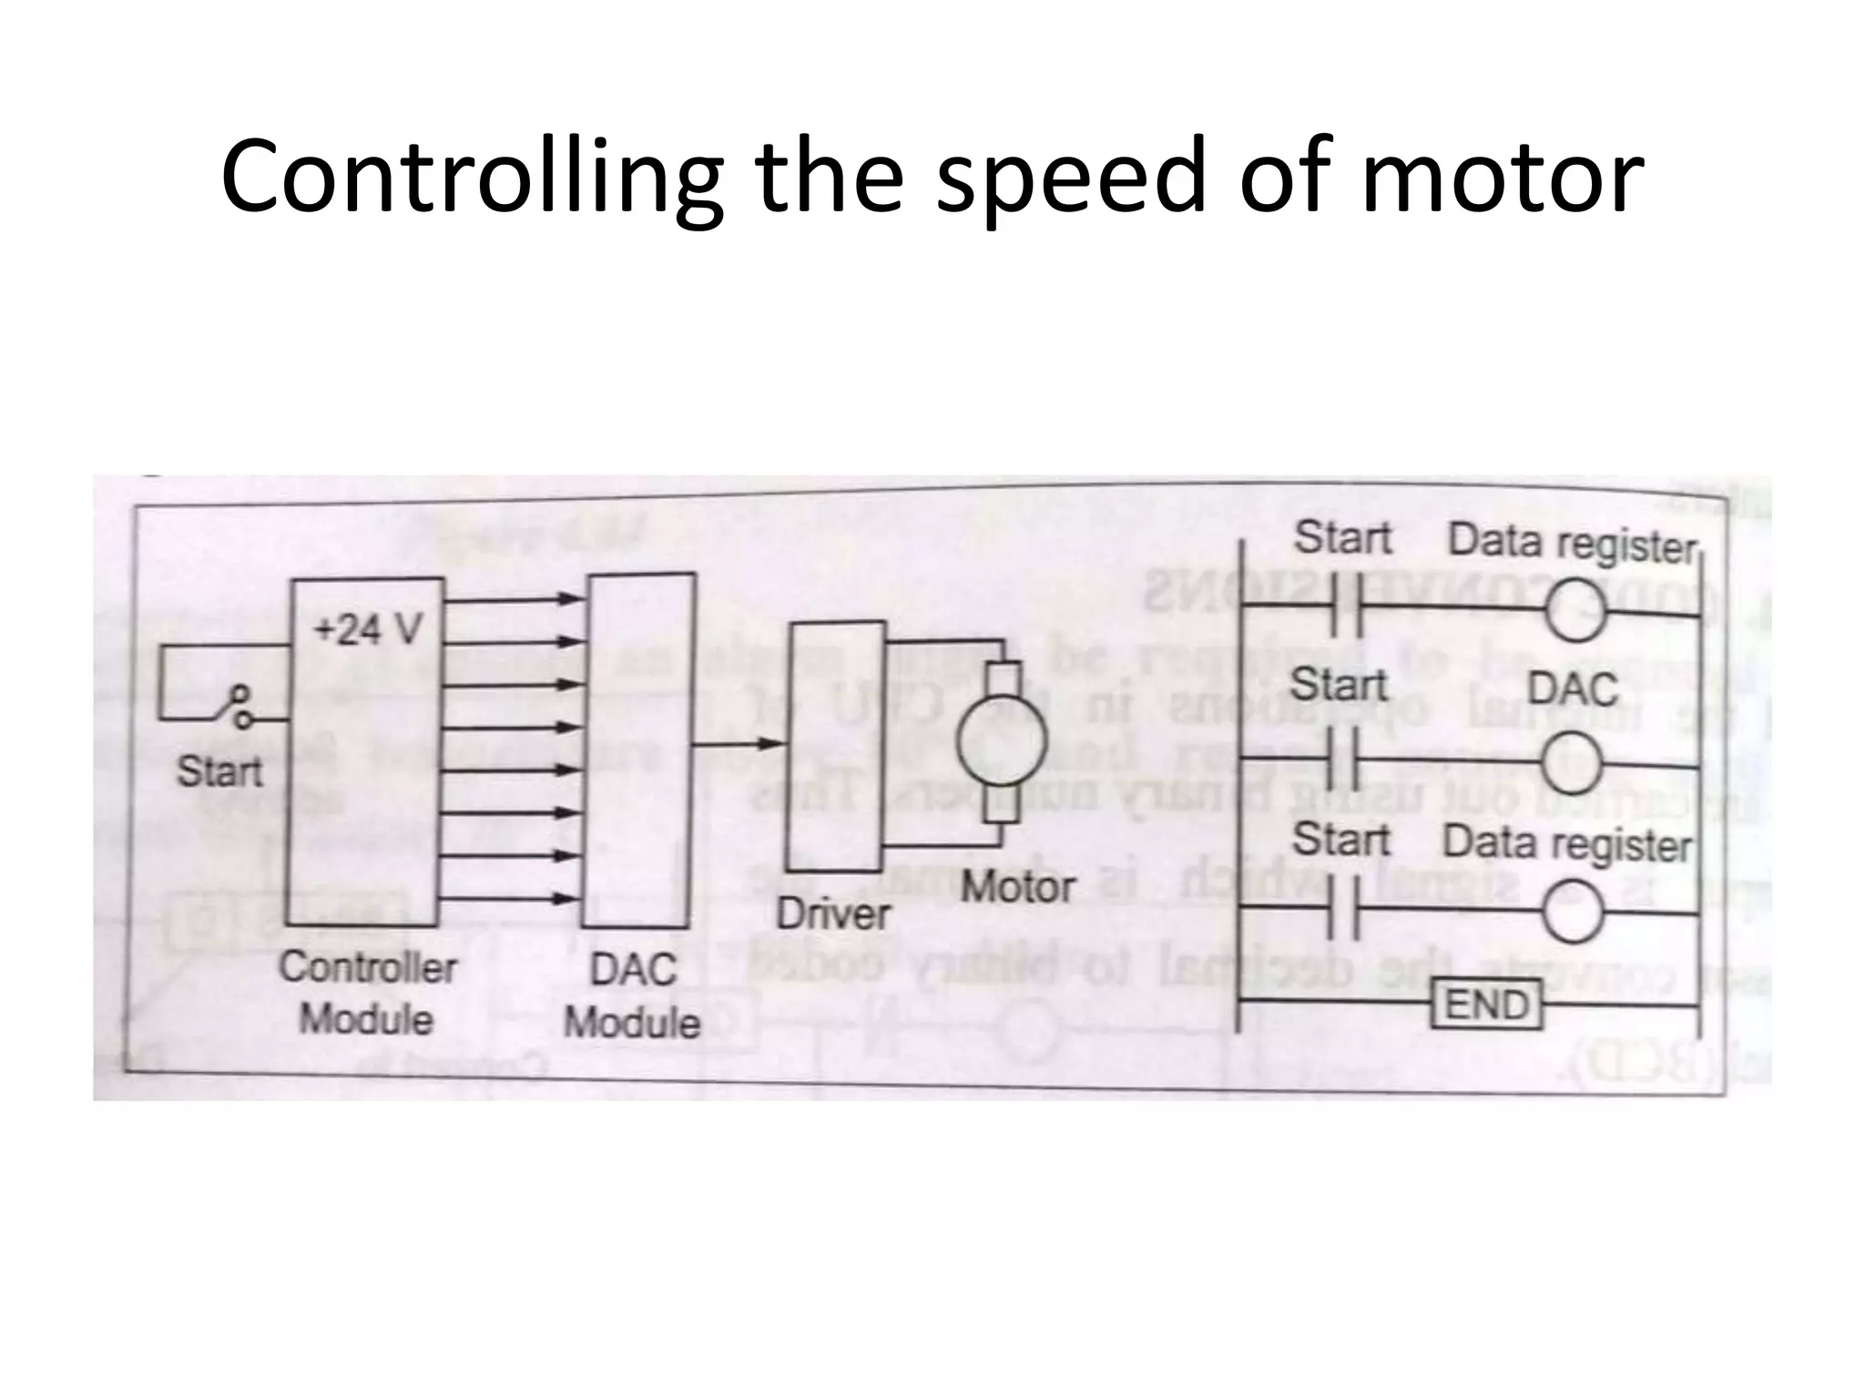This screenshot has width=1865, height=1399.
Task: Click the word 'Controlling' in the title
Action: tap(472, 178)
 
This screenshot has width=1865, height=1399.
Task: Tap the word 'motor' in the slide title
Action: tap(1502, 178)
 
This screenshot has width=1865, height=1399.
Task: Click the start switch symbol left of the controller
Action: tap(239, 709)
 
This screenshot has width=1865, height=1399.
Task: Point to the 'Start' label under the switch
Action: tap(219, 772)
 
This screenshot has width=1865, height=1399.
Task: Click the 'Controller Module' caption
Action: tap(367, 993)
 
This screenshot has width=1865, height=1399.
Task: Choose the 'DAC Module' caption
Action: tap(633, 996)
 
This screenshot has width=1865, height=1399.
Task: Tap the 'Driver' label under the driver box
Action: tap(832, 914)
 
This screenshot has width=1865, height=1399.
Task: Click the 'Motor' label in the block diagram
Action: tap(1017, 886)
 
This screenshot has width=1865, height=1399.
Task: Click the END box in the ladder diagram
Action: tap(1487, 1005)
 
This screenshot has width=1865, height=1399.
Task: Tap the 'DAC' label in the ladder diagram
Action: tap(1573, 689)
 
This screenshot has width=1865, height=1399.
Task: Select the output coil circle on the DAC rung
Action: tap(1573, 764)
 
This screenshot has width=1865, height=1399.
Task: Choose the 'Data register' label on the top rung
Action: tap(1573, 543)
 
